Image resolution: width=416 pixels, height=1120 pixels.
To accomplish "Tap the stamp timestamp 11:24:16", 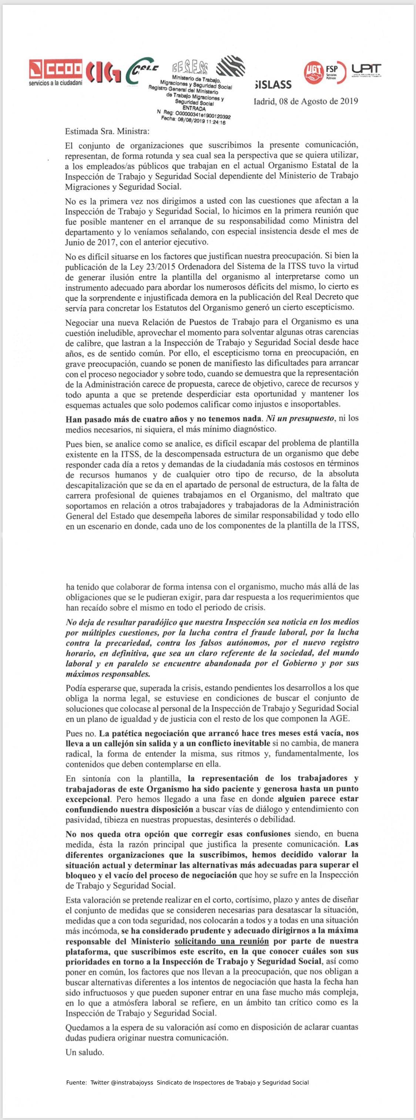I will point(215,122).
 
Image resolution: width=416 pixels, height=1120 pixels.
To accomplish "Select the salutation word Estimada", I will point(81,131).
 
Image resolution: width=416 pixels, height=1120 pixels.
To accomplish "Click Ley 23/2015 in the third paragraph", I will point(151,266).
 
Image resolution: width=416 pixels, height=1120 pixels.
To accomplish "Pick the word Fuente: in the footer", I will point(77,1082).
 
